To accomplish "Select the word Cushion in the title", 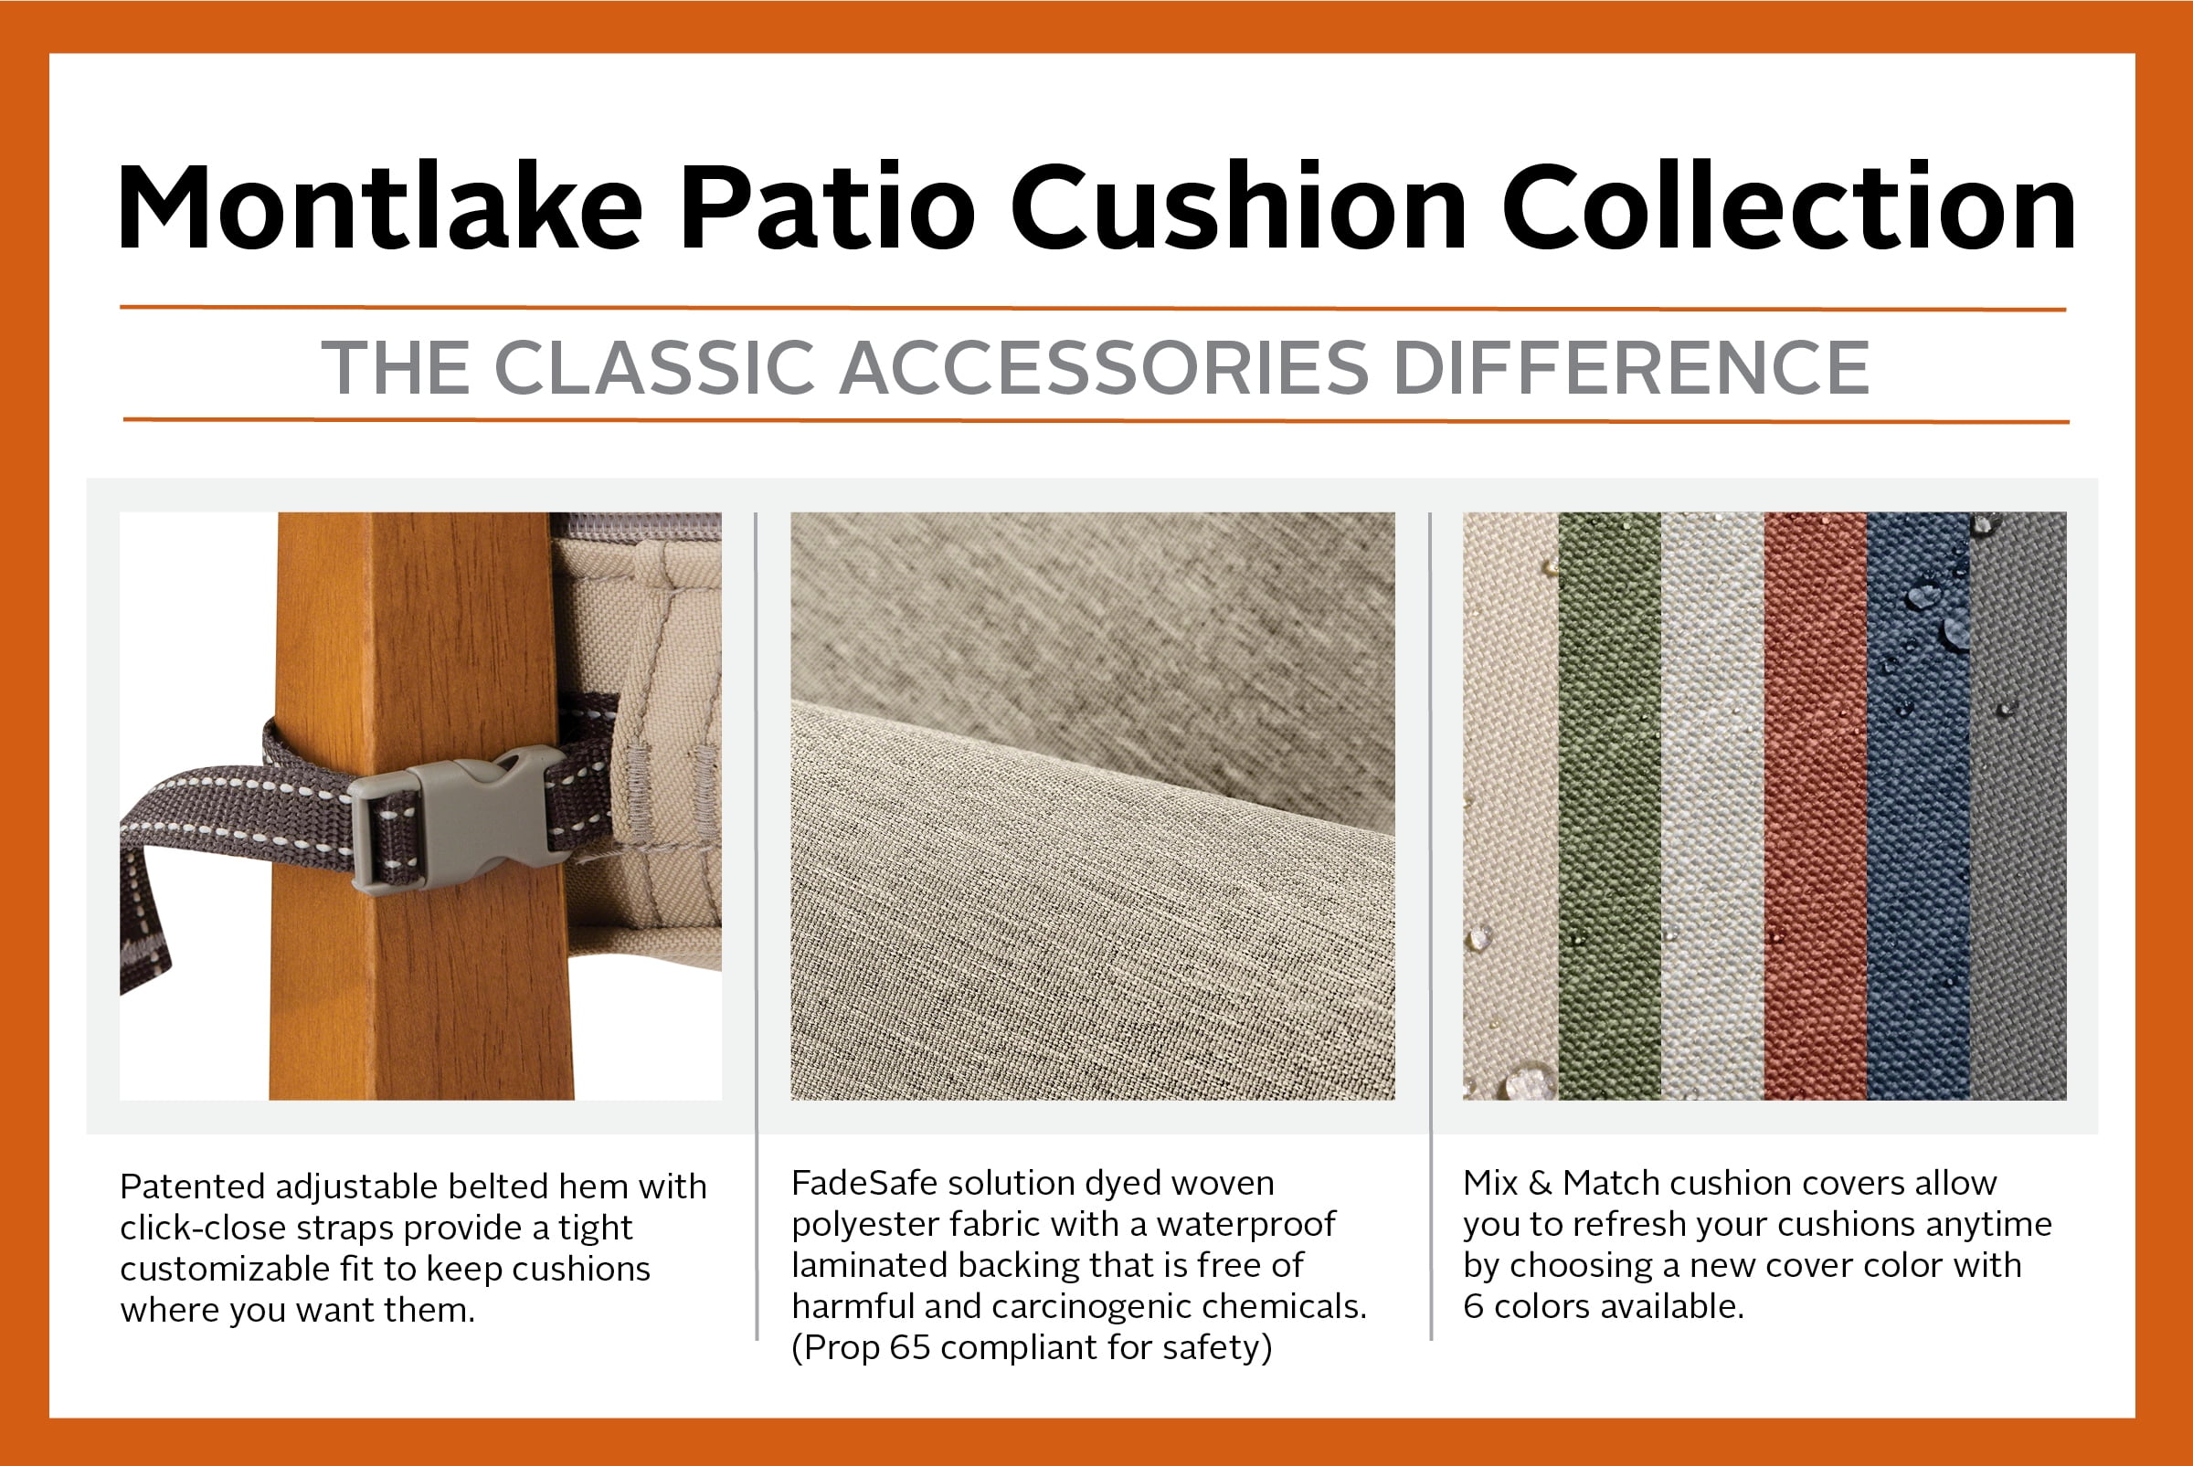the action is (x=1238, y=206).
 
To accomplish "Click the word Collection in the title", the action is (x=1788, y=206).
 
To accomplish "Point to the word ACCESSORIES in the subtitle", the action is (x=1105, y=367).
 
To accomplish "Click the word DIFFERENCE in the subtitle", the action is (x=1632, y=367).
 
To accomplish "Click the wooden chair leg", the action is (x=421, y=805).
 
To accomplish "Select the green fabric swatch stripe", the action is (x=1609, y=805).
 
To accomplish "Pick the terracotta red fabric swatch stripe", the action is (x=1816, y=805).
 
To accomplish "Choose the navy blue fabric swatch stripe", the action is (x=1918, y=805).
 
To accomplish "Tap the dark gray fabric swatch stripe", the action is (x=2018, y=805).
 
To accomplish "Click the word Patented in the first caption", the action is (x=193, y=1187).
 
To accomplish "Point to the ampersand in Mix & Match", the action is (x=1540, y=1183).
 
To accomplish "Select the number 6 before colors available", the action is (x=1473, y=1306).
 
